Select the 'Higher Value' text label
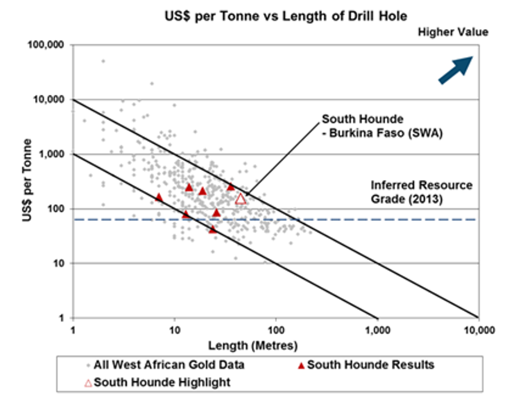tap(453, 32)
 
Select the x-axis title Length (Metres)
tap(252, 345)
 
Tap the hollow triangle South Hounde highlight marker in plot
tap(240, 198)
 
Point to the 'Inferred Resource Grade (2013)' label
tap(422, 191)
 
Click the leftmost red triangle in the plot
tap(159, 197)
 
